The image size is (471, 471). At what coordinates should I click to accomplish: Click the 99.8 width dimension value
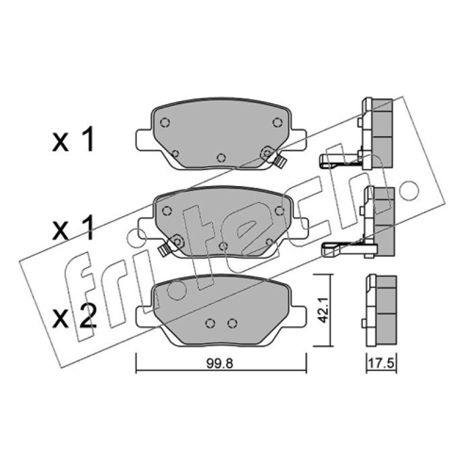[220, 363]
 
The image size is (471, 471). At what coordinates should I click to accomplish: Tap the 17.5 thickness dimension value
[381, 363]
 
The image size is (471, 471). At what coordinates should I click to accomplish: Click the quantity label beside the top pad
[73, 139]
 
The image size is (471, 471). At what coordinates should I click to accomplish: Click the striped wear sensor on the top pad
[281, 162]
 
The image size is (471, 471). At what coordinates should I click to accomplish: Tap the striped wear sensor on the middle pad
[164, 250]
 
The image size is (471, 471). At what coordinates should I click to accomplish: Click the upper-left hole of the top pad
[165, 122]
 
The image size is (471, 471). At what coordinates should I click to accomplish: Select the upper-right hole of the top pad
[277, 122]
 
